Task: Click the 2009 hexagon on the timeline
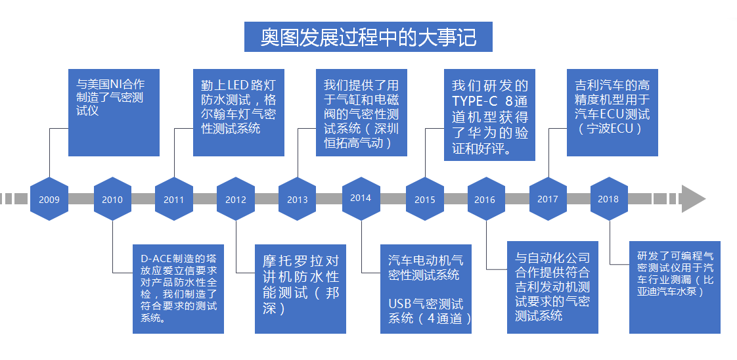pyautogui.click(x=49, y=198)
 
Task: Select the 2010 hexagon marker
pyautogui.click(x=112, y=199)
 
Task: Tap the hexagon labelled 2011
pyautogui.click(x=174, y=199)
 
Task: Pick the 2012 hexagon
pyautogui.click(x=236, y=199)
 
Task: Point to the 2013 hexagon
pyautogui.click(x=298, y=199)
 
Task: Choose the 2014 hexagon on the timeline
pyautogui.click(x=361, y=198)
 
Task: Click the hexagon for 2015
pyautogui.click(x=424, y=199)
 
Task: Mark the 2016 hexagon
pyautogui.click(x=485, y=199)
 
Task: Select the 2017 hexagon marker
pyautogui.click(x=547, y=198)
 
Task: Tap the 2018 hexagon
pyautogui.click(x=608, y=198)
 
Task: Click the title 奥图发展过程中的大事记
pyautogui.click(x=368, y=37)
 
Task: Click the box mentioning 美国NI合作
pyautogui.click(x=114, y=112)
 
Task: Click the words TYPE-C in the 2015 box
pyautogui.click(x=475, y=101)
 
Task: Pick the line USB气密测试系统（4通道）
pyautogui.click(x=426, y=311)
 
